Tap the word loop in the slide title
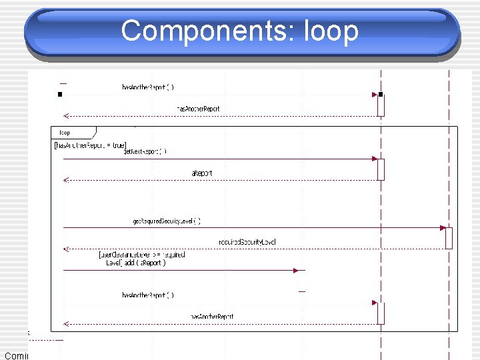[331, 31]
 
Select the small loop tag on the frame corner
[65, 133]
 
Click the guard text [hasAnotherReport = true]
[90, 145]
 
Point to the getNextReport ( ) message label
[145, 151]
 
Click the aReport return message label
[203, 173]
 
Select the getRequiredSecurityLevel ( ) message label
[166, 221]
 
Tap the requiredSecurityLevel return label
[247, 241]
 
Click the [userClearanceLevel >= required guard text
[141, 255]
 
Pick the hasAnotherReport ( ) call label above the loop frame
[148, 87]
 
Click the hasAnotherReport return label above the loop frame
[198, 108]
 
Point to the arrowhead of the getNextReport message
[375, 159]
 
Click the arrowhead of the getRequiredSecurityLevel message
[443, 228]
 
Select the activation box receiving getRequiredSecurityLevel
[449, 238]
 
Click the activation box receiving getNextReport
[381, 169]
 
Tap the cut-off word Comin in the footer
[14, 355]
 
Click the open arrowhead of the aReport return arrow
[66, 180]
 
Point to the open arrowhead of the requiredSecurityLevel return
[66, 249]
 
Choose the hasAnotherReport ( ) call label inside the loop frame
[148, 295]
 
